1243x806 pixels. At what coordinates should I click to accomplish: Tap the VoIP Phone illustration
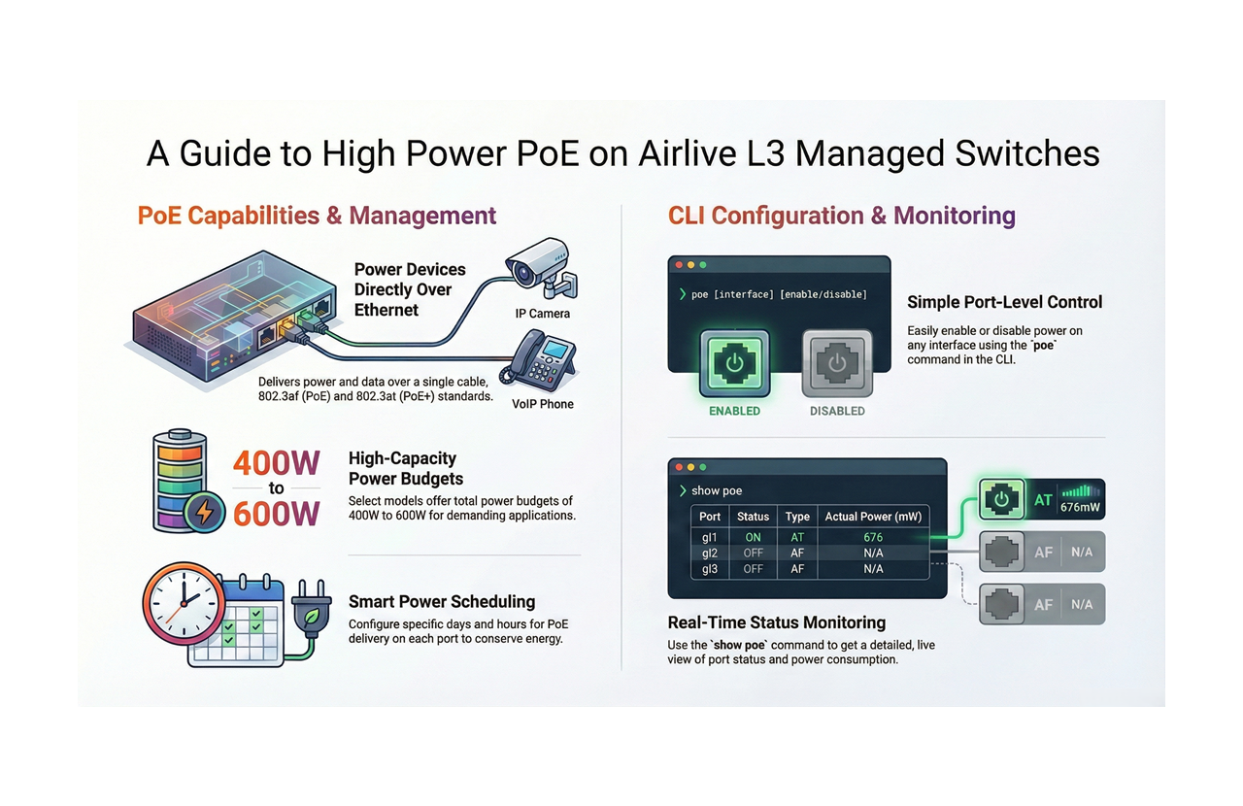point(539,358)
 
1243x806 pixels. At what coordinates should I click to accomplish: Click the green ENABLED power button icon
point(734,364)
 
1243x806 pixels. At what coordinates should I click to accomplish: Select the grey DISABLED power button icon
point(836,364)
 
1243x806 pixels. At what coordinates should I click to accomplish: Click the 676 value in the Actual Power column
point(873,537)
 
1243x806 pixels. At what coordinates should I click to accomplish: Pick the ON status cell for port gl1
point(753,537)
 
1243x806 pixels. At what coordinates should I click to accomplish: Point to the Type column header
point(797,517)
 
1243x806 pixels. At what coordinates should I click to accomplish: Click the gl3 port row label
point(710,569)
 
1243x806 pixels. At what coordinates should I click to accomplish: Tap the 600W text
point(276,514)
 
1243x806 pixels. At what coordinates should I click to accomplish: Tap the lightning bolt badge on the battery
point(206,512)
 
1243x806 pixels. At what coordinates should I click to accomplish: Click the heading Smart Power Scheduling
point(442,601)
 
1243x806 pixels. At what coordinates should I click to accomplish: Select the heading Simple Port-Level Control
point(1004,302)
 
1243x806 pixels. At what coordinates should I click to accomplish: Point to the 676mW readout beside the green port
point(1080,507)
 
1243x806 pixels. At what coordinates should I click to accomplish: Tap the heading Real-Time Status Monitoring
point(777,622)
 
